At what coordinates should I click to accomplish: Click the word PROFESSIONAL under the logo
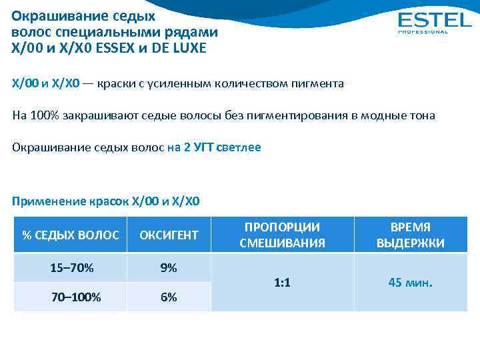click(x=423, y=31)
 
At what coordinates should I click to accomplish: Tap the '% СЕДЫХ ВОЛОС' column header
click(x=71, y=235)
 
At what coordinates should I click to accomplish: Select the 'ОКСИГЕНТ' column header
click(x=169, y=235)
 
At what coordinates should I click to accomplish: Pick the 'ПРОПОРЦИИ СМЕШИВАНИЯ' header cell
click(x=282, y=235)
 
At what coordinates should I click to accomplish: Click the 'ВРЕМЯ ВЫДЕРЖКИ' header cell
click(x=410, y=235)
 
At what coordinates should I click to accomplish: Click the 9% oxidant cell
click(x=169, y=268)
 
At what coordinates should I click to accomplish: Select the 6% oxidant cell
click(x=169, y=297)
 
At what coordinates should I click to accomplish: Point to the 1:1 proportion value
click(x=282, y=283)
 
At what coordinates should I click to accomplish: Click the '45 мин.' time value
click(x=410, y=283)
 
